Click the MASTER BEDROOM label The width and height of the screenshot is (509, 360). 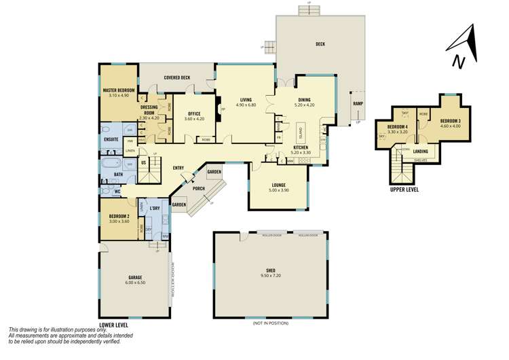point(119,90)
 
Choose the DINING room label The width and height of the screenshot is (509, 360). point(304,101)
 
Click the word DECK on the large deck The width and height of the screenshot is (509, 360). point(320,44)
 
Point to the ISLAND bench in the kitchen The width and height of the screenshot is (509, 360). point(301,131)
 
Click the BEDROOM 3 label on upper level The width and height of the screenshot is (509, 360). point(450,120)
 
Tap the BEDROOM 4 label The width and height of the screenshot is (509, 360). point(398,127)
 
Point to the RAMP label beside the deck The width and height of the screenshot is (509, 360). point(357,103)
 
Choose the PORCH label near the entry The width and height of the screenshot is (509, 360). point(199,189)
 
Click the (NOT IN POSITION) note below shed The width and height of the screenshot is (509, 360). point(270,324)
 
